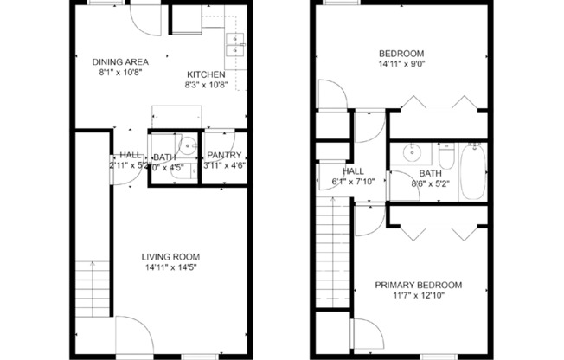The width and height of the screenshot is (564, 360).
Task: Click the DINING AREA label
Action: point(121,61)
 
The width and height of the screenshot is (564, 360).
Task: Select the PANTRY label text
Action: point(223,156)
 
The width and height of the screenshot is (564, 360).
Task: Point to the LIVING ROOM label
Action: point(170,256)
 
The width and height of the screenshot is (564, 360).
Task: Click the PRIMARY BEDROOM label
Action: point(418,285)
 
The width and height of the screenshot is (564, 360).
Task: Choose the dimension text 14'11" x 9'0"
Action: point(401,63)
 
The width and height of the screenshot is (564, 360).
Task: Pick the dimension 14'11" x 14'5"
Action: point(170,268)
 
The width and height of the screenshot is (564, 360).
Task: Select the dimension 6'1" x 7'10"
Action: point(352,182)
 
